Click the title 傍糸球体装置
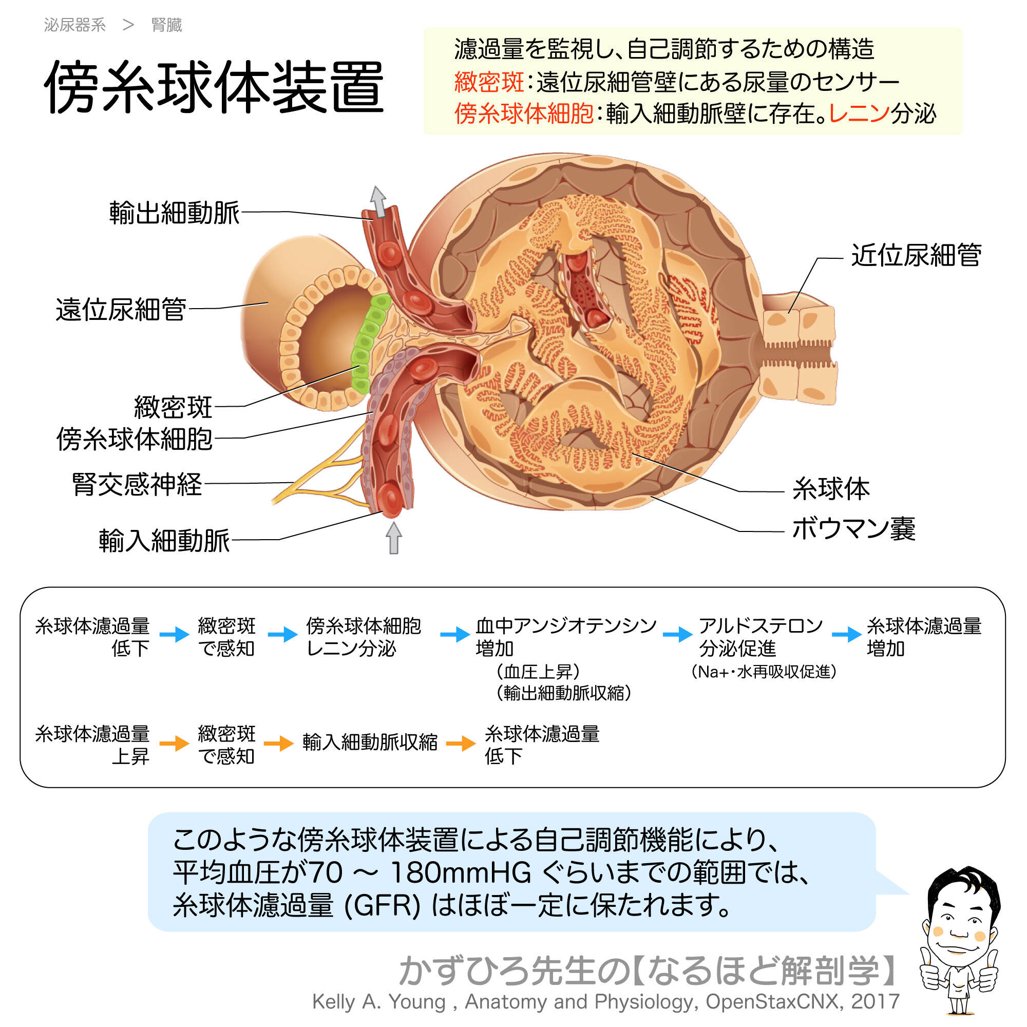214,87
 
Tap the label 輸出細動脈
175,213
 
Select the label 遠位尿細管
121,309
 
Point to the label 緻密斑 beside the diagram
173,407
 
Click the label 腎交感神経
137,484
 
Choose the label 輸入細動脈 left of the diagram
164,541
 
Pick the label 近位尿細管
916,255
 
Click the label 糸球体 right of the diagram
831,488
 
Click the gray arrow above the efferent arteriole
378,200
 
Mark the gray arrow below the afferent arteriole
393,538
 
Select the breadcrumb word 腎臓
166,25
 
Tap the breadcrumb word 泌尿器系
75,25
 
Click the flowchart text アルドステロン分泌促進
760,637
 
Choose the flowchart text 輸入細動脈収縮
370,742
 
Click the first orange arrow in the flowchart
175,743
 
